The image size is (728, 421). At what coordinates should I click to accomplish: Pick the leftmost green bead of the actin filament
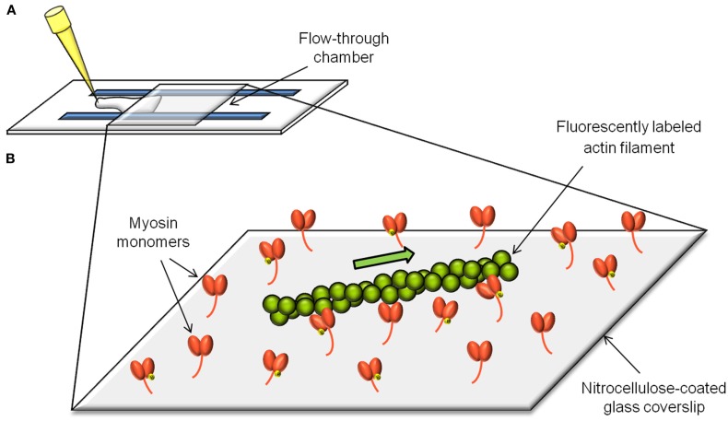click(273, 306)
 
